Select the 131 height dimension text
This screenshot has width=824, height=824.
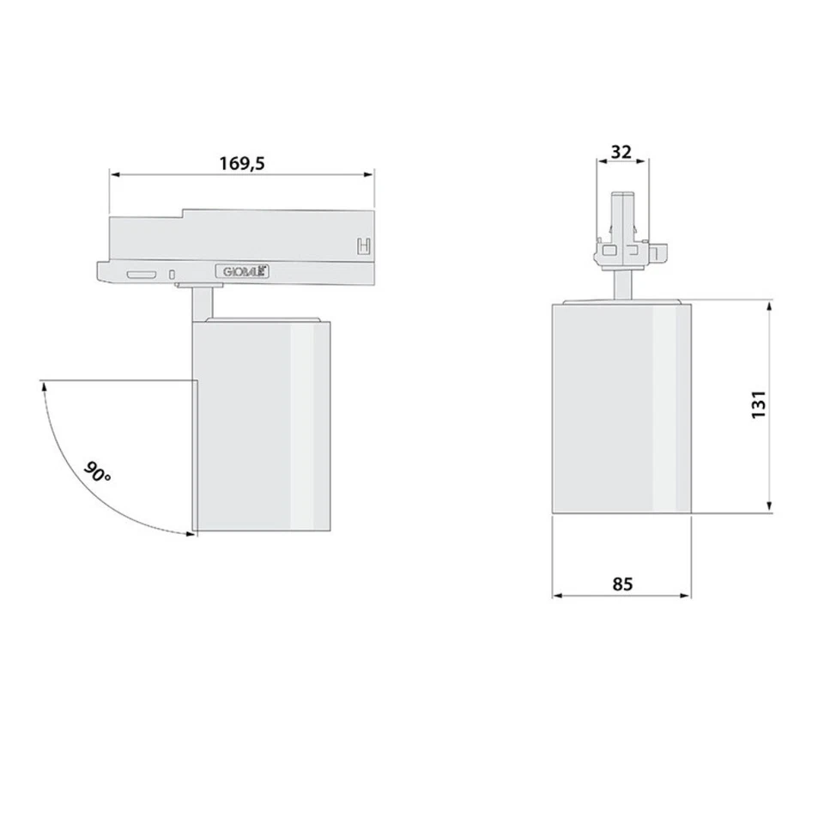coord(758,404)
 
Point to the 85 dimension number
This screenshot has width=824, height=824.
coord(622,584)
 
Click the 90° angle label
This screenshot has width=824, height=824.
coord(97,473)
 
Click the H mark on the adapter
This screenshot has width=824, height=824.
coord(364,245)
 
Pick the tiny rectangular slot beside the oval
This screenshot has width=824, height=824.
coord(173,275)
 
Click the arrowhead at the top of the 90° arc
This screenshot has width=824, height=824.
coord(41,387)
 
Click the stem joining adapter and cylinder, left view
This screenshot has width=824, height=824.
coord(202,302)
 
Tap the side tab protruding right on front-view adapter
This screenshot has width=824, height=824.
coord(658,253)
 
